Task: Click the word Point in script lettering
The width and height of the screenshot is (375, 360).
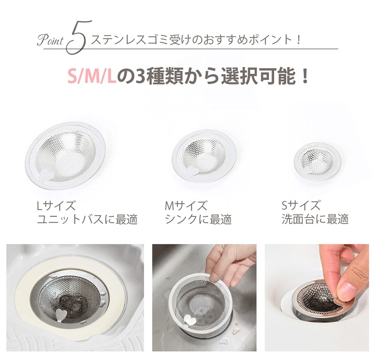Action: point(50,41)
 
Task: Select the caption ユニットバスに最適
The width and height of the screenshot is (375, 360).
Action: point(87,219)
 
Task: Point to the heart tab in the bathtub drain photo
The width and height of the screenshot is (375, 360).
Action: point(60,315)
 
